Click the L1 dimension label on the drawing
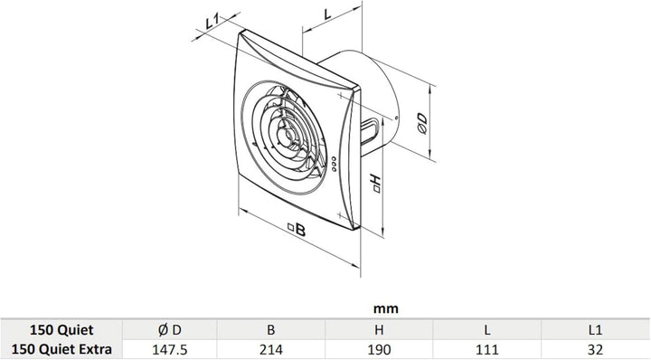212,21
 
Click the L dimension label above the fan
328,14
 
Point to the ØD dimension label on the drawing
422,124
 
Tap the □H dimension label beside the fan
376,184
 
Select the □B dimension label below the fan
297,229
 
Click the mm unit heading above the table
386,309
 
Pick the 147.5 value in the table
169,350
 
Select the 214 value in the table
270,350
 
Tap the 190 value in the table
379,350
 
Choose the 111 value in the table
487,350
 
